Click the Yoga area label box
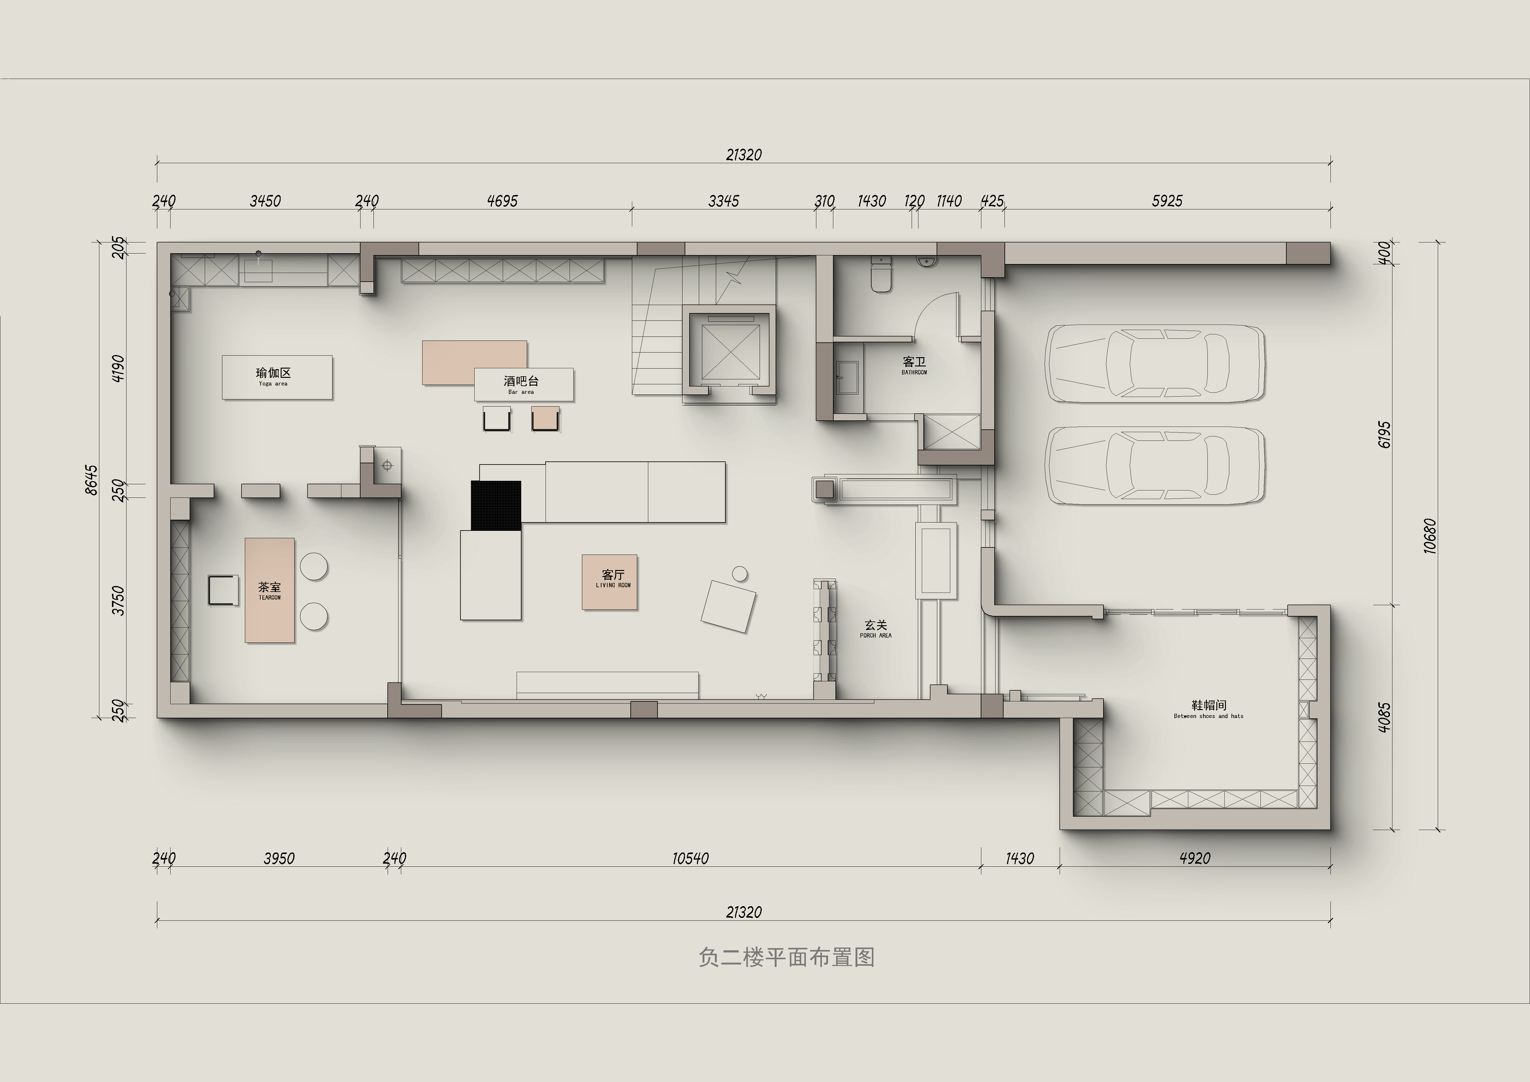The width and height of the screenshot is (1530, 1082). coord(277,377)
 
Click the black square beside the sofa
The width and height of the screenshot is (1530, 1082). coord(496,505)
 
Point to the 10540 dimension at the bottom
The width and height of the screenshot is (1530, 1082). coord(690,858)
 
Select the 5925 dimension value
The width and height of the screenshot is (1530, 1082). coord(1167,200)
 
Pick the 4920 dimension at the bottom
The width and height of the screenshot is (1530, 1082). coord(1195,858)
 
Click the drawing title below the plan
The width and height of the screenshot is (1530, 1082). coord(786,957)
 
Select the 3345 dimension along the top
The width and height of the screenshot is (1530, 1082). coord(724,200)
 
